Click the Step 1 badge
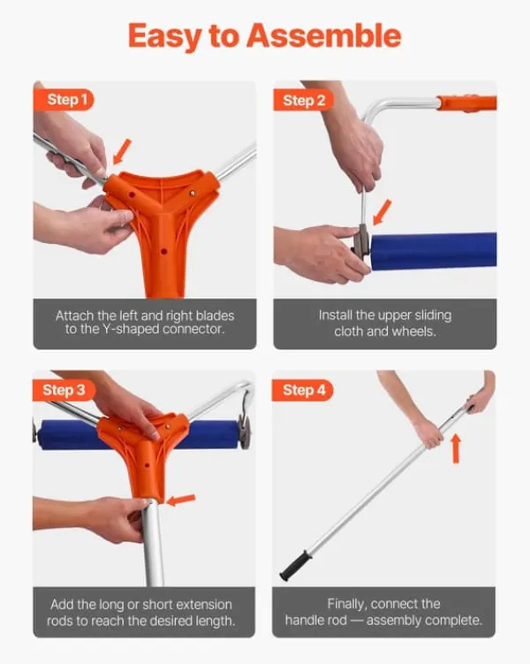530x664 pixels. [x=64, y=100]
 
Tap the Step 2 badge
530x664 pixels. [x=303, y=101]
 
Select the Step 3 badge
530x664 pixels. [x=64, y=390]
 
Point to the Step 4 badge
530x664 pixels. [x=303, y=390]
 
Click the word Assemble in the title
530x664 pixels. [x=323, y=35]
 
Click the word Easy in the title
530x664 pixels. [x=165, y=37]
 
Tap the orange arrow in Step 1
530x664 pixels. [x=122, y=152]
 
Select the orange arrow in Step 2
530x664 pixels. [x=382, y=212]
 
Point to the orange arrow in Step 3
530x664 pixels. [x=181, y=500]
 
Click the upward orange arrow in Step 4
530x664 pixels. [x=456, y=448]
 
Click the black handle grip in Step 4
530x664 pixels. [x=295, y=566]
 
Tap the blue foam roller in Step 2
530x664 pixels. [x=434, y=251]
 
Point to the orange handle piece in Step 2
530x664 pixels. [x=467, y=103]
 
